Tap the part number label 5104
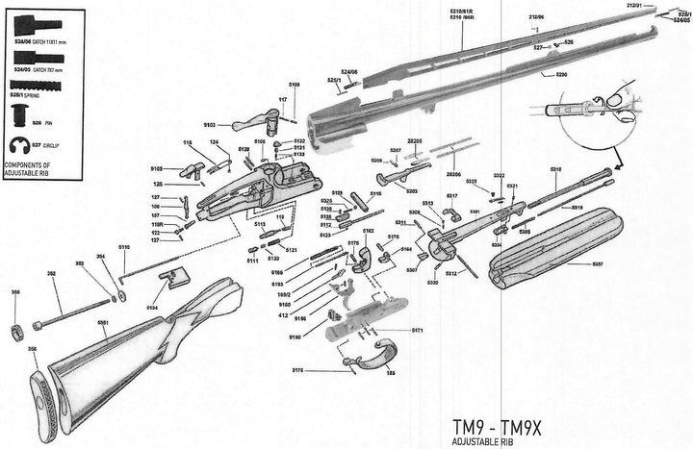[152, 307]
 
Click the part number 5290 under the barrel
[562, 74]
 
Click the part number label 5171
[417, 330]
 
